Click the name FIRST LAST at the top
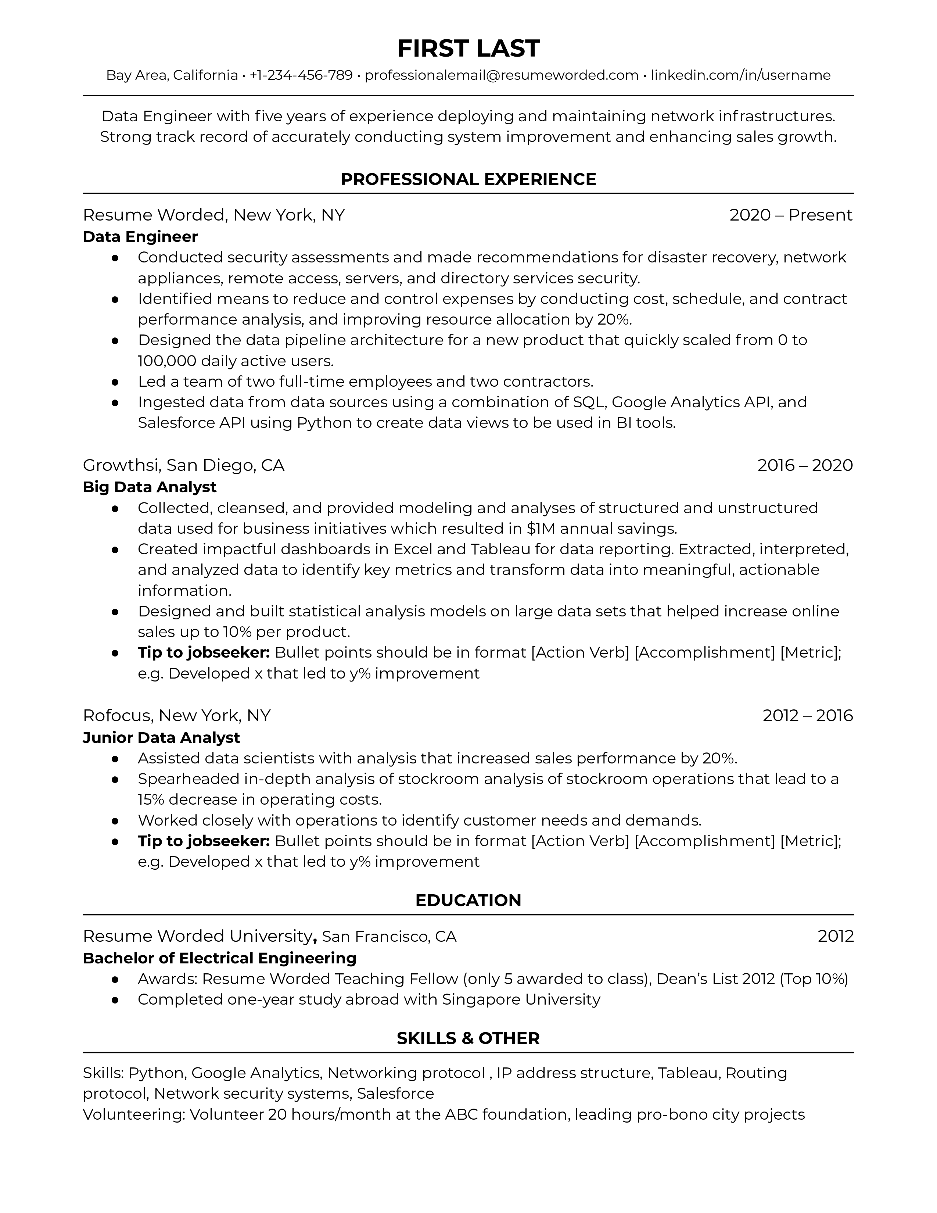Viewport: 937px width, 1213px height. tap(468, 49)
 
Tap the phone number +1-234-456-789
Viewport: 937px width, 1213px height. tap(301, 75)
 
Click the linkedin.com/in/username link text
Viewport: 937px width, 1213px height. tap(740, 75)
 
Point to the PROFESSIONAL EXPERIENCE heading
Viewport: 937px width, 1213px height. tap(468, 179)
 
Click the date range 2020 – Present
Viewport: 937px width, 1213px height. tap(790, 215)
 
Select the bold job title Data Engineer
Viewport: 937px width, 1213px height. tap(140, 237)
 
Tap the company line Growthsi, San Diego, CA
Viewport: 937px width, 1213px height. tap(183, 465)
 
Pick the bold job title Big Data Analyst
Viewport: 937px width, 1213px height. tap(149, 487)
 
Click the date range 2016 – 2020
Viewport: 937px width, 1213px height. tap(804, 465)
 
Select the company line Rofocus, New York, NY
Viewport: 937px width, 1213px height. tap(176, 715)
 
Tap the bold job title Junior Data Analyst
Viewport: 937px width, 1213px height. tap(161, 738)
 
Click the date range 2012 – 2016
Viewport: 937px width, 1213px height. tap(807, 715)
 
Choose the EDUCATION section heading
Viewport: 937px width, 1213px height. tap(468, 900)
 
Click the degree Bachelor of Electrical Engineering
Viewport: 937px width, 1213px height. tap(219, 958)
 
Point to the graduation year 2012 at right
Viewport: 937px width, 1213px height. tap(835, 937)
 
